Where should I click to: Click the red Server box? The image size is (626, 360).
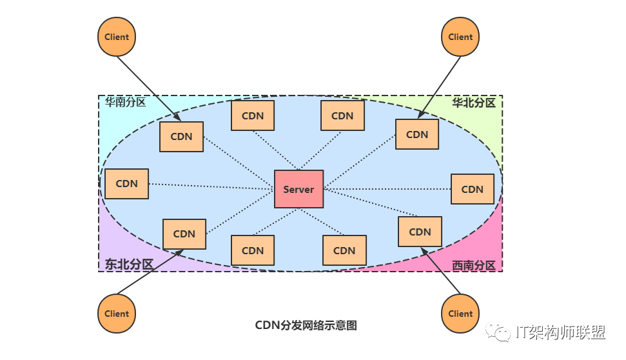coord(298,189)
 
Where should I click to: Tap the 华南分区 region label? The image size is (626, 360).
coord(126,103)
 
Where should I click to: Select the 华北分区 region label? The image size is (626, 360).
coord(473,103)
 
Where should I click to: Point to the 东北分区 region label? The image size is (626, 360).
coord(129,264)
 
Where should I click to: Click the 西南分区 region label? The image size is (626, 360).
coord(473,265)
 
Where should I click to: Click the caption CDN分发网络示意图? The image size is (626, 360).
coord(306,325)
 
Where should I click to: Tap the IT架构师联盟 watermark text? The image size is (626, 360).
coord(560,333)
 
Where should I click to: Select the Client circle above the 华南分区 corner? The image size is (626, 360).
coord(117,37)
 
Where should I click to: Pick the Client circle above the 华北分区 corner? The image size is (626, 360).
coord(460,37)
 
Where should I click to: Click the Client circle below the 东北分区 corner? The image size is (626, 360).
coord(117,314)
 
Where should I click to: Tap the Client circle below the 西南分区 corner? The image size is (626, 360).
coord(460,314)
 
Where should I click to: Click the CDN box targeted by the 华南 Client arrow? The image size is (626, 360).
coord(181,137)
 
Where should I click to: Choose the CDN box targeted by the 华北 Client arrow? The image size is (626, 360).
coord(417,135)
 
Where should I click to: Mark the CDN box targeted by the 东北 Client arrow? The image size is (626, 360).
coord(184,234)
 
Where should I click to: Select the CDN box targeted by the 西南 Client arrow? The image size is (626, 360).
coord(420,232)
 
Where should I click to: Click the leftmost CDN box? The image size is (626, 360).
coord(126,184)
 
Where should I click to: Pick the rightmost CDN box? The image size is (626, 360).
coord(472,189)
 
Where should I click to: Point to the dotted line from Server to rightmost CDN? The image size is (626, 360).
coord(387,189)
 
